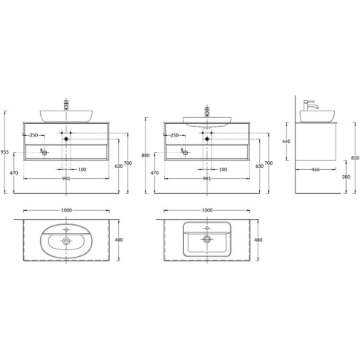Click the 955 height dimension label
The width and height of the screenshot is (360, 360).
[5, 152]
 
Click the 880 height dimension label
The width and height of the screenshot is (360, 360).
[145, 155]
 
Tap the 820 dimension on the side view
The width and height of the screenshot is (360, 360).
[355, 158]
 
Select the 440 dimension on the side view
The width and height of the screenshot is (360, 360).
[287, 142]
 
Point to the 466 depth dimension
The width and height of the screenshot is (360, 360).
[315, 169]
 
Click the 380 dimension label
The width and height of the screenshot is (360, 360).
[346, 177]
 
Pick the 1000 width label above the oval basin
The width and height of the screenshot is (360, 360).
[66, 210]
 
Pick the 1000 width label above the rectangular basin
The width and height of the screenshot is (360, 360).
[207, 210]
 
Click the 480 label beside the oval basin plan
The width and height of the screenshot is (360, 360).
[119, 240]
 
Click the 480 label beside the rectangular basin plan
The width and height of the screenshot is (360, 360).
[258, 240]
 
